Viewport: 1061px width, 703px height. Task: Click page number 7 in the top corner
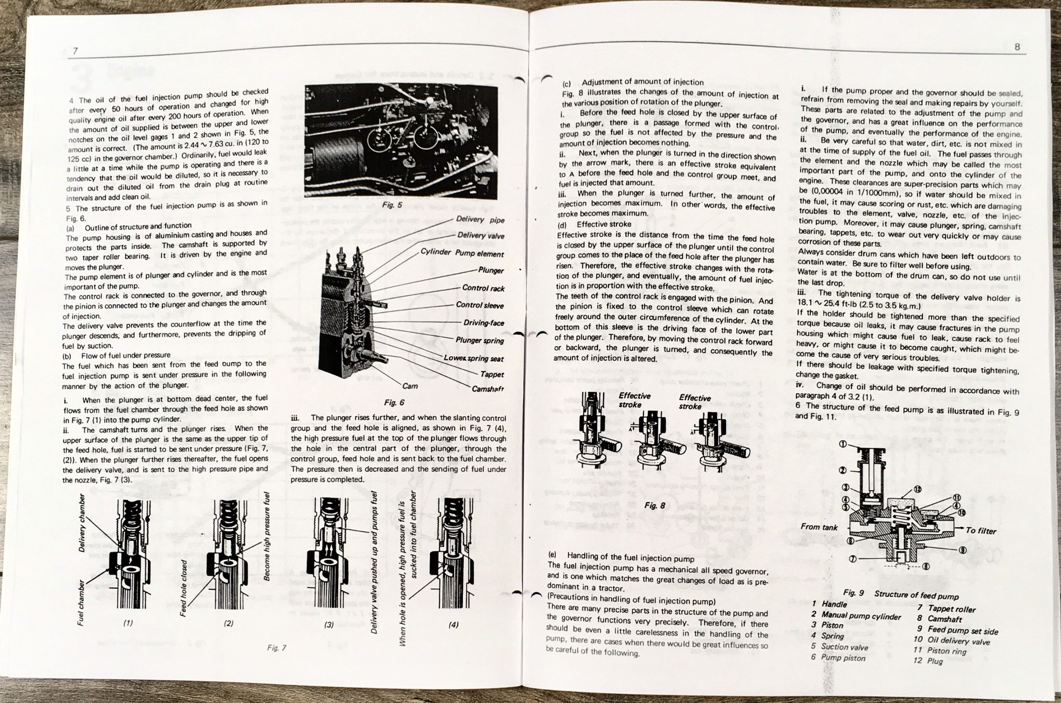tap(75, 51)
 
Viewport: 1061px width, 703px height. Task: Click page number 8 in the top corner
tap(1017, 46)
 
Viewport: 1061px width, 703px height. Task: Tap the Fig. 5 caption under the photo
tap(392, 205)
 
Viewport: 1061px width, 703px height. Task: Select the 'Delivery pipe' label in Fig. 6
tap(480, 220)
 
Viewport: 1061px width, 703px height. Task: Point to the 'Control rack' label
tap(483, 288)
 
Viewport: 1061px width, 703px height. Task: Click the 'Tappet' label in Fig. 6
tap(492, 375)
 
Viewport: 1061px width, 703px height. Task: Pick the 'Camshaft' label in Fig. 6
tap(487, 389)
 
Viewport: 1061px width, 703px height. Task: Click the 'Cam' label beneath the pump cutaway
tap(409, 386)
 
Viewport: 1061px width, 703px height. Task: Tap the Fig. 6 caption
tap(394, 403)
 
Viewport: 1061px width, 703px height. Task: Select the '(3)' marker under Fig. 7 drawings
tap(329, 625)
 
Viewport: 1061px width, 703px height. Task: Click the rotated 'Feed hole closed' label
tap(183, 588)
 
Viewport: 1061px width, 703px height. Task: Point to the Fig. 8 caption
tap(654, 506)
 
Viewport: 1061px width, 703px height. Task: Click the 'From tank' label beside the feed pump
tap(819, 527)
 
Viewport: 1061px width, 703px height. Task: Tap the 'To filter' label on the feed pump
tap(980, 531)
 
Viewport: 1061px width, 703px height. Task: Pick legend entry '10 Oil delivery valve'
tap(951, 641)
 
